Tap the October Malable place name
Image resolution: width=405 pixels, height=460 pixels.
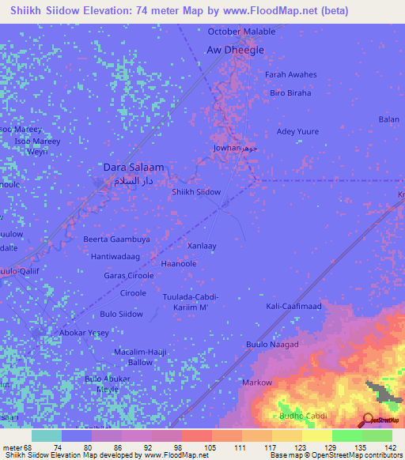coord(241,32)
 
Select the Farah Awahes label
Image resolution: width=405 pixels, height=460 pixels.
coord(290,75)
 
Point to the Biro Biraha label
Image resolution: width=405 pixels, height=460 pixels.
coord(290,93)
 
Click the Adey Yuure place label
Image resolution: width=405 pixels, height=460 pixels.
coord(297,131)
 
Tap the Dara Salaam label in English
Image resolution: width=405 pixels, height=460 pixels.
coord(134,168)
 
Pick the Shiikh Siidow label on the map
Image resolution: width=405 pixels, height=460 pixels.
coord(196,192)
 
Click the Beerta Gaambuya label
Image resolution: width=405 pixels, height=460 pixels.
coord(117,239)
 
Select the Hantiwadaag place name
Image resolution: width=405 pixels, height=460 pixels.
coord(115,257)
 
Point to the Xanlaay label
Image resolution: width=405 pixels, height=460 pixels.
coord(202,246)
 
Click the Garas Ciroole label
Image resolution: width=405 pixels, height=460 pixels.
coord(129,276)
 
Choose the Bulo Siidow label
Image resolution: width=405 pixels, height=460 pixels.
coord(121,314)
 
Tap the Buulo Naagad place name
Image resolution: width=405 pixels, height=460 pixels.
coord(272,345)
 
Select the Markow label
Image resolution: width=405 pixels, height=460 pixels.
coord(257,383)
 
